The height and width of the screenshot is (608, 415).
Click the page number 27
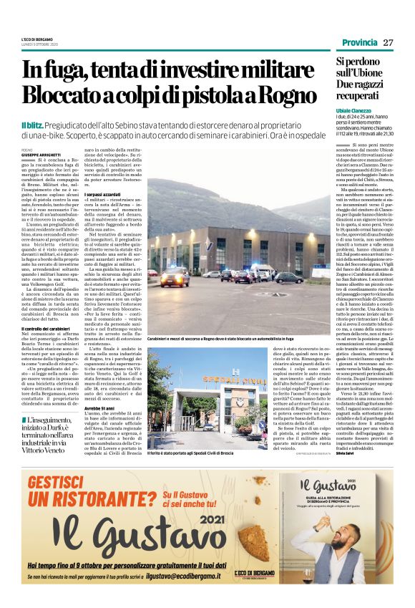pyautogui.click(x=389, y=42)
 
